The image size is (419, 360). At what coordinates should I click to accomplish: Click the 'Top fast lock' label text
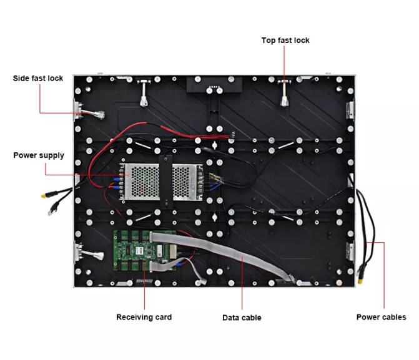click(285, 41)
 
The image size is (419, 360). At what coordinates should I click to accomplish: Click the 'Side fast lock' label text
click(38, 79)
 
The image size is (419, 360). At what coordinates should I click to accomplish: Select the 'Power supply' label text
click(39, 155)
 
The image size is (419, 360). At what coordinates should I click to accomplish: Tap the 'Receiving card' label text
click(144, 317)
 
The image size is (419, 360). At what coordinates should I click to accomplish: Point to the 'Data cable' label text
click(242, 318)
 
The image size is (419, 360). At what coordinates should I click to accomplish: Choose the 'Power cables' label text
click(381, 317)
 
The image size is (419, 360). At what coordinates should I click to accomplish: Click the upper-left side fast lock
click(87, 113)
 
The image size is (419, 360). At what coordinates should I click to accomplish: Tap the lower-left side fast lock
click(87, 254)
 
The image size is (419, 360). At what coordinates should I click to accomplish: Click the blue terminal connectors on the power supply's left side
click(117, 182)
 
